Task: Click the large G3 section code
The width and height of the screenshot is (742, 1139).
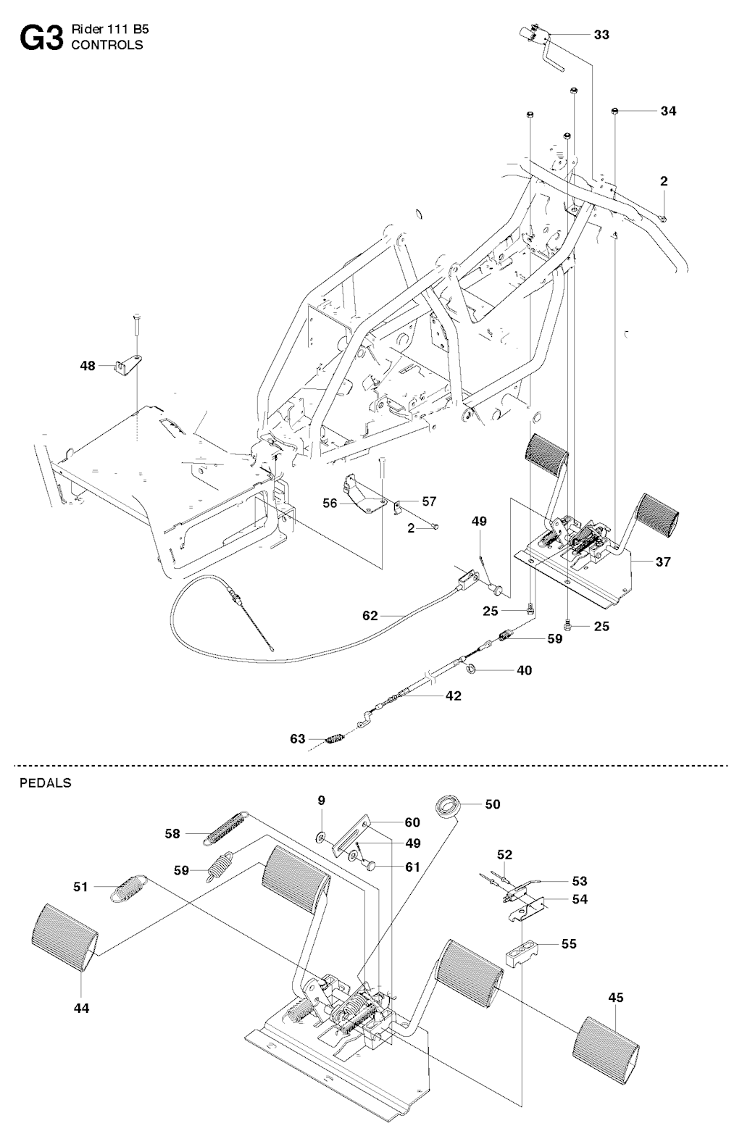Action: click(x=41, y=38)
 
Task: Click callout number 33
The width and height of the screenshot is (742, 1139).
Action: click(x=601, y=34)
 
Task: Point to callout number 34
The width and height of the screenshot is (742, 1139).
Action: click(x=668, y=111)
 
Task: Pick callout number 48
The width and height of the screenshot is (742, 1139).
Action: click(x=88, y=367)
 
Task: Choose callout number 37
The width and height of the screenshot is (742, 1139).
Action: click(x=663, y=562)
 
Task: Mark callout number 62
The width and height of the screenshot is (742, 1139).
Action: click(x=370, y=616)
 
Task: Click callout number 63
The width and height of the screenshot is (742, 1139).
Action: click(x=298, y=739)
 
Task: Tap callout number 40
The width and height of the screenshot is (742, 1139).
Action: click(x=524, y=670)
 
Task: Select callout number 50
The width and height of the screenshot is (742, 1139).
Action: click(x=493, y=804)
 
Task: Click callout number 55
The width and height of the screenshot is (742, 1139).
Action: click(x=569, y=944)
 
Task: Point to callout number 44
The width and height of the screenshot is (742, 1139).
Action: click(x=82, y=1007)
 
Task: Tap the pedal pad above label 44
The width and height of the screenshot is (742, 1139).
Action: click(x=64, y=939)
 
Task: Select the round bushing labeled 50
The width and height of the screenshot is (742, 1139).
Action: click(x=448, y=805)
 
